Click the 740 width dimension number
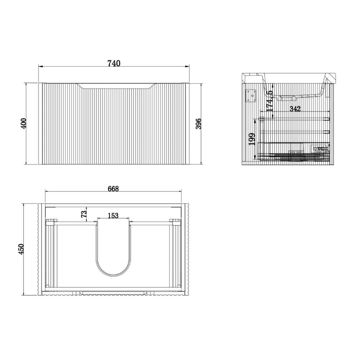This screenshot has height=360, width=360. click(114, 63)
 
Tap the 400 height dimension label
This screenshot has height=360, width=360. click(24, 123)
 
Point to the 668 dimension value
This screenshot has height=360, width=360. click(113, 188)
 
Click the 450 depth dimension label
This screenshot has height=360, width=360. click(21, 249)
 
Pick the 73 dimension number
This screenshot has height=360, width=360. click(84, 214)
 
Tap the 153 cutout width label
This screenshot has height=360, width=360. click(113, 216)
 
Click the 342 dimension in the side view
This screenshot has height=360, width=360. click(295, 109)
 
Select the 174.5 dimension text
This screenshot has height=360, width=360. click(270, 101)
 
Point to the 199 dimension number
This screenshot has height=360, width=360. click(252, 139)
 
